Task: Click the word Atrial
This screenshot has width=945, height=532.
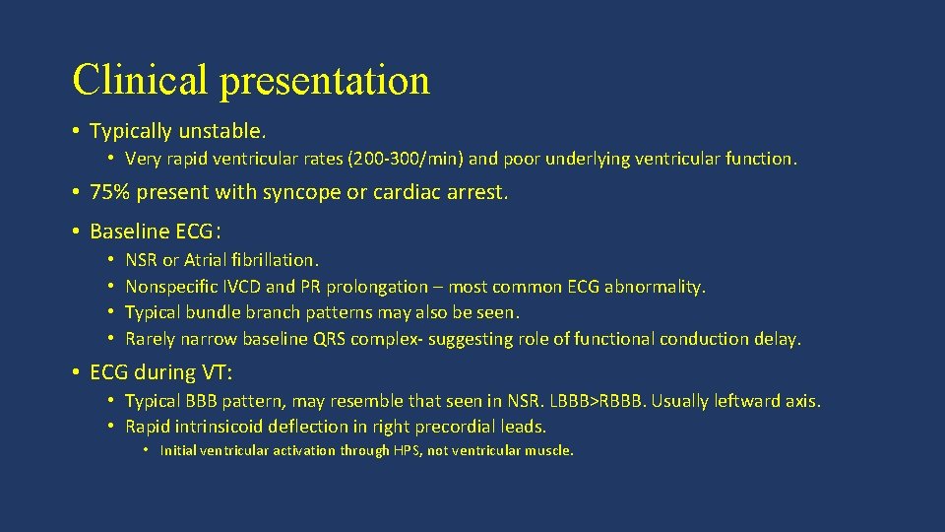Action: pyautogui.click(x=203, y=260)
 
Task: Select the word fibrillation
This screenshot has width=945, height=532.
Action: pyautogui.click(x=276, y=260)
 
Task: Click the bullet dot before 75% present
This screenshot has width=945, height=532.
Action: pyautogui.click(x=76, y=192)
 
